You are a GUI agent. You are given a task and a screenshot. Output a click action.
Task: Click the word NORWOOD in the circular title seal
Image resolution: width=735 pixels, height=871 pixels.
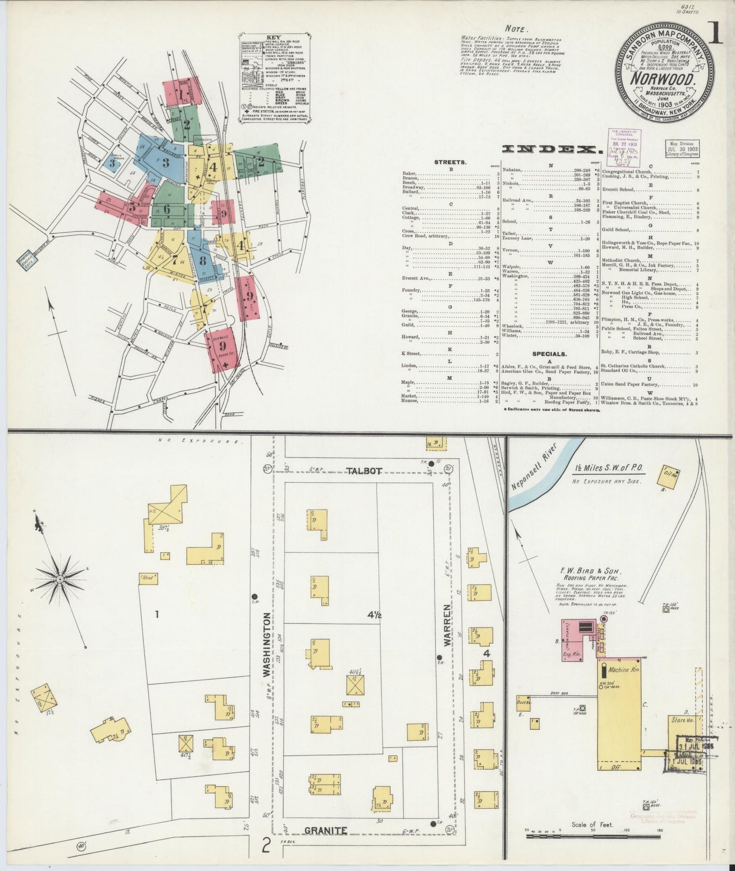click(663, 79)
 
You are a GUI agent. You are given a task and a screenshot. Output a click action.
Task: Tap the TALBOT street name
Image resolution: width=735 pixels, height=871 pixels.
click(365, 471)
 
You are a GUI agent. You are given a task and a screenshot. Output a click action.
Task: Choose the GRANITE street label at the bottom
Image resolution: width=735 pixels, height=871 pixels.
click(326, 830)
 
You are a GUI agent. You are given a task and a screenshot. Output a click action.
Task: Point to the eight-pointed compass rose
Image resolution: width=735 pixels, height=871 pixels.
click(60, 579)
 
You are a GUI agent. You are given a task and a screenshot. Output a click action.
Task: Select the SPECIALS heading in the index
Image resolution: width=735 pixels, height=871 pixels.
click(550, 354)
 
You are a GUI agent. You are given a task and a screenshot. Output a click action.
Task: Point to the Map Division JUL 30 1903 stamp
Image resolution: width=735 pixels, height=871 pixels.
click(681, 148)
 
